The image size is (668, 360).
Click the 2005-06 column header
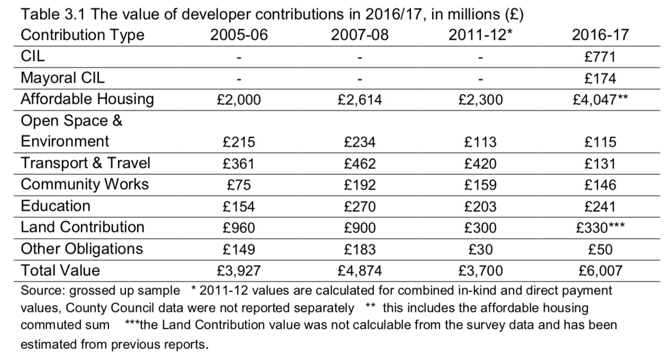coord(239,35)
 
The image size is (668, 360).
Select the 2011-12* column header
coord(480,35)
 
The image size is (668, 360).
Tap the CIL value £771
coord(600,57)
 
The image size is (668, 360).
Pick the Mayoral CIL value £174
coord(600,79)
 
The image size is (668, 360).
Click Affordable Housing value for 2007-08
coord(360,100)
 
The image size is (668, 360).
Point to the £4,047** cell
coord(600,100)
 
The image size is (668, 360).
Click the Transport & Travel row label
coord(85,163)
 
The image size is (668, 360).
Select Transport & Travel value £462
coord(360,164)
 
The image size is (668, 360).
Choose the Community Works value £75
coord(239,185)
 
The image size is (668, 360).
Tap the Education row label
coord(56,206)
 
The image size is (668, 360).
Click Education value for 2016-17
coord(600,206)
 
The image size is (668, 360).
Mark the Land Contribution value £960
coord(239,228)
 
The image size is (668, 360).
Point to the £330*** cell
coord(600,228)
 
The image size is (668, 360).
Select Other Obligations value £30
coord(480,249)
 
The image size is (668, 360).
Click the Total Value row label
coord(60,271)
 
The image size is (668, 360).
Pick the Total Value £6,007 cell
coord(600,271)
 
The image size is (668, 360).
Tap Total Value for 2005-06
coord(239,271)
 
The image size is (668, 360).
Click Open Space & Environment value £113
coord(480,142)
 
